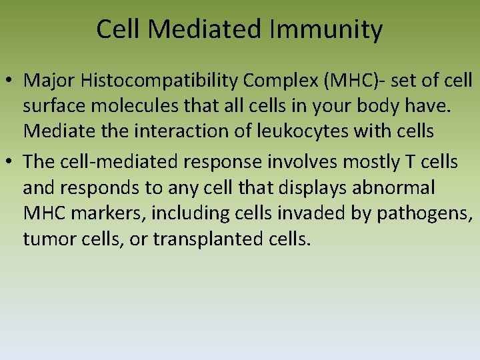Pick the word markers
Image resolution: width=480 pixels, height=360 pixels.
click(105, 213)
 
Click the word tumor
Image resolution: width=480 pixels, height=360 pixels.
click(45, 238)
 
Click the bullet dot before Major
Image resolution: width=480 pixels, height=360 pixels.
click(11, 81)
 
